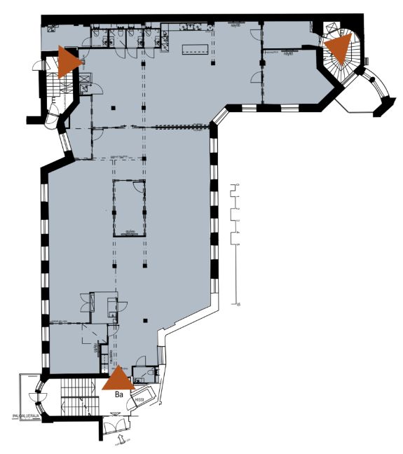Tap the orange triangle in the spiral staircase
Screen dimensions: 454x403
tap(339, 49)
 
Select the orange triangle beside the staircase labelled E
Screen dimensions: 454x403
tap(69, 60)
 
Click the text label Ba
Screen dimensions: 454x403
tap(119, 395)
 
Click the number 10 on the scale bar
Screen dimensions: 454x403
tap(238, 305)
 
